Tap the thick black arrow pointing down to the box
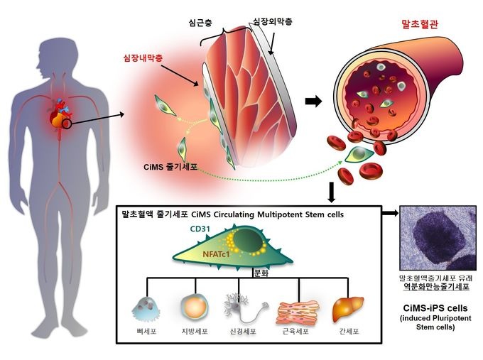tap(332, 191)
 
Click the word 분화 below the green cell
tap(262, 271)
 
